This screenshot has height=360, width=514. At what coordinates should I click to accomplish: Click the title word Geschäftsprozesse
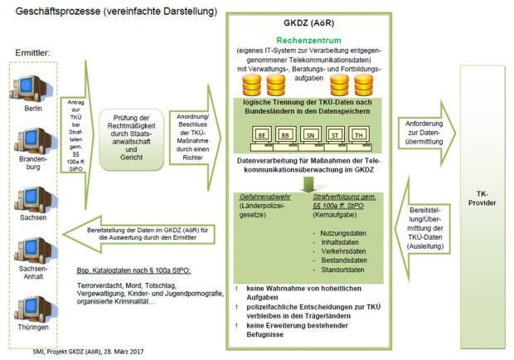(55, 11)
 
